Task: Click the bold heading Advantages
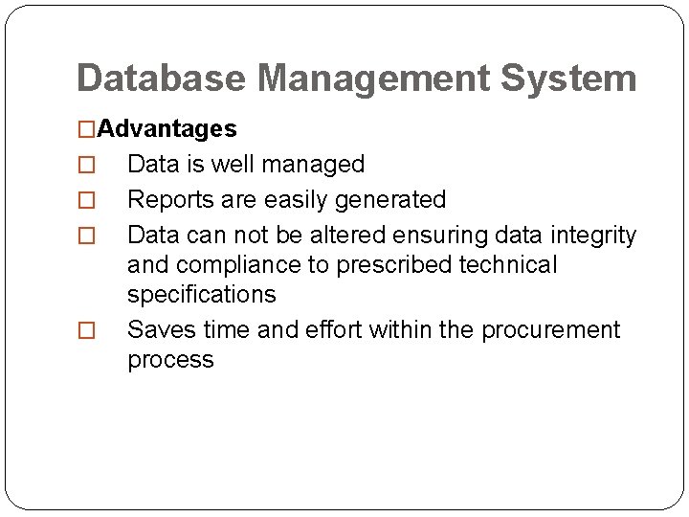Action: [167, 128]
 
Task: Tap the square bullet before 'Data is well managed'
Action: [86, 166]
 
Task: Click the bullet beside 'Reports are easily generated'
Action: [86, 201]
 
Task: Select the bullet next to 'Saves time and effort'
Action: [86, 331]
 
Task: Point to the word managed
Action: [316, 165]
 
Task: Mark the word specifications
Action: [201, 294]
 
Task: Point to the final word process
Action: [170, 360]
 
